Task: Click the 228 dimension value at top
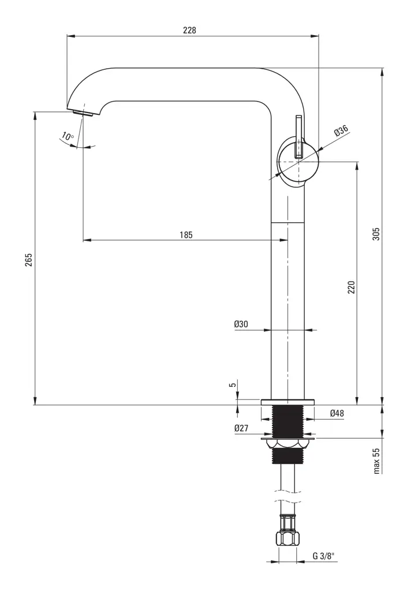[189, 31]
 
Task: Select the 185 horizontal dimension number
[185, 234]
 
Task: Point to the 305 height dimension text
[376, 234]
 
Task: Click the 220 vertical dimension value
[350, 287]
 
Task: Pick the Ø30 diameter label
[241, 324]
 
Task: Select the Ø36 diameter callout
[341, 131]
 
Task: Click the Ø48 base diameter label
[337, 413]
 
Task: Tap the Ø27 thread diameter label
[241, 428]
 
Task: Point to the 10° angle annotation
[68, 137]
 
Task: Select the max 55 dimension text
[376, 460]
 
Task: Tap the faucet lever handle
[298, 137]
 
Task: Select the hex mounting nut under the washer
[288, 444]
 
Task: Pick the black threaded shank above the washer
[288, 420]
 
